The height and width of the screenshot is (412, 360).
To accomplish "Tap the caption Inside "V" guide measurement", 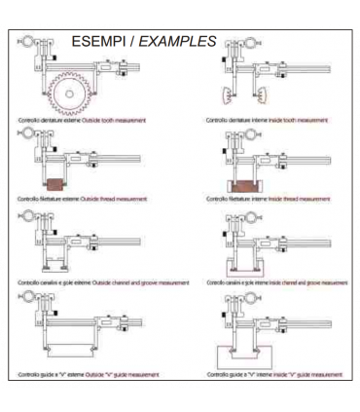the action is coord(301,373).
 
